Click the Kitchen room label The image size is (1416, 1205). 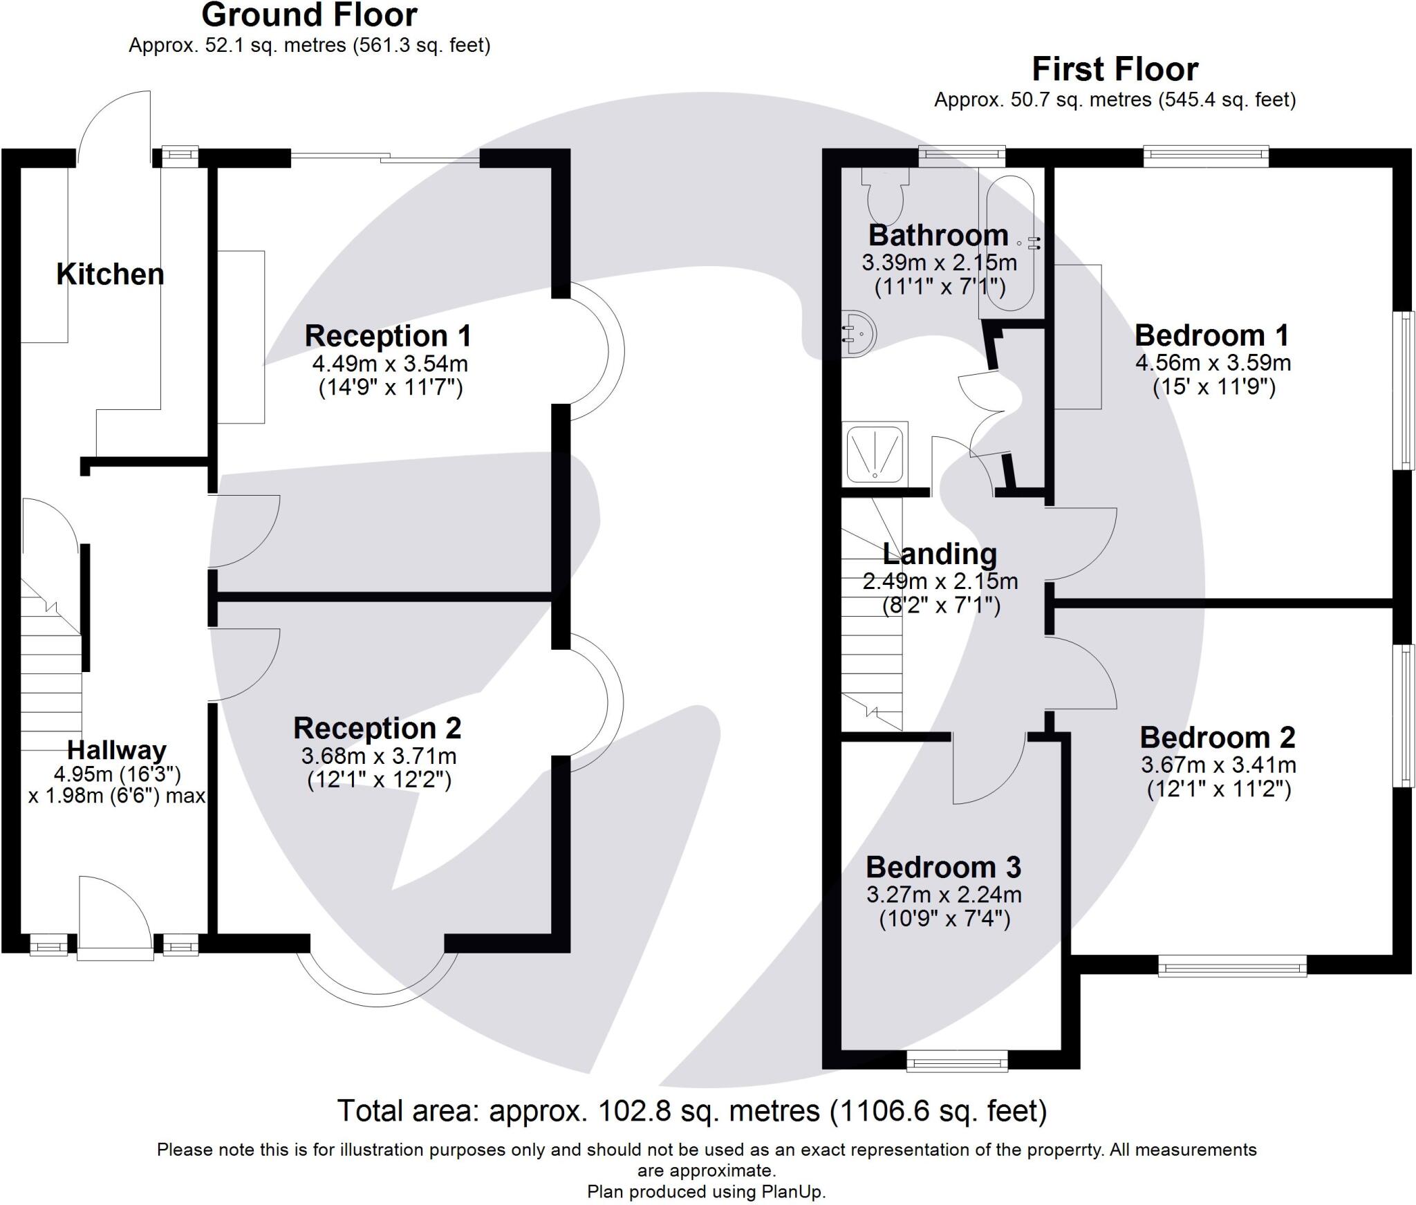(110, 274)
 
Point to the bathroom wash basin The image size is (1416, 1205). (858, 335)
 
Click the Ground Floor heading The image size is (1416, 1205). (309, 15)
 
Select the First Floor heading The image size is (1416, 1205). (1115, 69)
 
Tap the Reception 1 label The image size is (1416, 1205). (388, 336)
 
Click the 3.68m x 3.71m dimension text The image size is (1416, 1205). (379, 756)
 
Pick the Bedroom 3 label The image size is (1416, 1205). (943, 867)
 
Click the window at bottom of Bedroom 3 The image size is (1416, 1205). (957, 1060)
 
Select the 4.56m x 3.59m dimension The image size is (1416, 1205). (1213, 362)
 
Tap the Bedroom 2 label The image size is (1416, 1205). (1217, 738)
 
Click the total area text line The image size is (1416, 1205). (691, 1111)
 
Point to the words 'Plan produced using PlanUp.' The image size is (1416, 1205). (706, 1191)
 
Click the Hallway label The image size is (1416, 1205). (116, 750)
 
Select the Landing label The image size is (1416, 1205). (940, 554)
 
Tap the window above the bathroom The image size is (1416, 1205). (961, 156)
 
